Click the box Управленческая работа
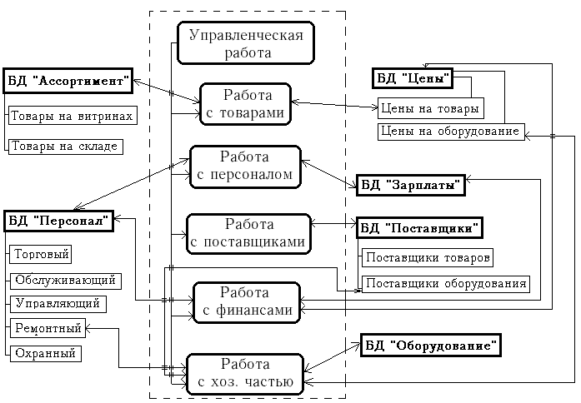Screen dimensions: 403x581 [x=246, y=43]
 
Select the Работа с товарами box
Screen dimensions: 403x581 [x=244, y=104]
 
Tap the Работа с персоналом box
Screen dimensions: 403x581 [x=244, y=166]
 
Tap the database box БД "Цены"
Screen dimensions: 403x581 [x=412, y=79]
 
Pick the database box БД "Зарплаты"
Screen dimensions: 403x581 [x=410, y=186]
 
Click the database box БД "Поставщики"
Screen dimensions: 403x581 [x=422, y=226]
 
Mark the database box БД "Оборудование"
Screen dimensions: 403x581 [x=432, y=345]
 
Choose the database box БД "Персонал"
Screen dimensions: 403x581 [x=58, y=221]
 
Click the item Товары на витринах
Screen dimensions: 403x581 [x=72, y=116]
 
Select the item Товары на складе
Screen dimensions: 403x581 [x=65, y=146]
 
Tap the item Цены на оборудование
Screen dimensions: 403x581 [x=450, y=131]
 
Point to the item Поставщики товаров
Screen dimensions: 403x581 [x=427, y=257]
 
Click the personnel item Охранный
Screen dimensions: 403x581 [x=44, y=353]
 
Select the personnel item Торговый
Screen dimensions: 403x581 [x=40, y=253]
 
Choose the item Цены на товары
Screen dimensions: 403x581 [x=429, y=108]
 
